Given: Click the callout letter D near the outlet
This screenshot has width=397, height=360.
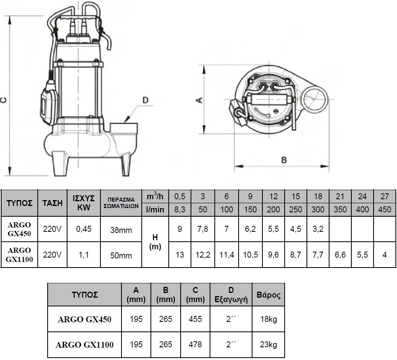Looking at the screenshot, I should pos(145,100).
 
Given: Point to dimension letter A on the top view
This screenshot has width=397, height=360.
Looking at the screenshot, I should pos(200,100).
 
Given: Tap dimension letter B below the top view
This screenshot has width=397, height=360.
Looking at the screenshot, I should pos(284,160).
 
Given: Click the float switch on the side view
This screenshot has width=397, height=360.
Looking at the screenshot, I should pos(48,102).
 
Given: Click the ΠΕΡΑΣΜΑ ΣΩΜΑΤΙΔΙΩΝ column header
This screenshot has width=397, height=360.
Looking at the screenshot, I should pos(121,203).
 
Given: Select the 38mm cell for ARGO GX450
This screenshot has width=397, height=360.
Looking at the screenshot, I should pos(121,230).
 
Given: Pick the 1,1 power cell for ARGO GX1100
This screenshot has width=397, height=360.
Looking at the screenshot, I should pos(84,255).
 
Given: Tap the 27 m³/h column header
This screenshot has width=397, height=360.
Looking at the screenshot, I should pos(384,196).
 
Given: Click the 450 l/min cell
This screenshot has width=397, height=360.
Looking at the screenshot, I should pos(384,210).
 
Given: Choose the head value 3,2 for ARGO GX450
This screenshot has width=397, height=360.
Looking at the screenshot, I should pos(318,229).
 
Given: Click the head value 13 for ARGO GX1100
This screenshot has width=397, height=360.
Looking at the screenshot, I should pos(180,255).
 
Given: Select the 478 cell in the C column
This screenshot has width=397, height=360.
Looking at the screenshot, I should pos(195,345).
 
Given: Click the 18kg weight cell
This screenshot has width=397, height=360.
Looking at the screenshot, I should pos(268,319).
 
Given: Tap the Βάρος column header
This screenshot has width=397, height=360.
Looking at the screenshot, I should pos(268,295).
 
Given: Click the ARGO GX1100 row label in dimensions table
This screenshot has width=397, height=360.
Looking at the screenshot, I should pos(85,345).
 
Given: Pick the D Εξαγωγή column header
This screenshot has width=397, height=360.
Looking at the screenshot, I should pos(231,295).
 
